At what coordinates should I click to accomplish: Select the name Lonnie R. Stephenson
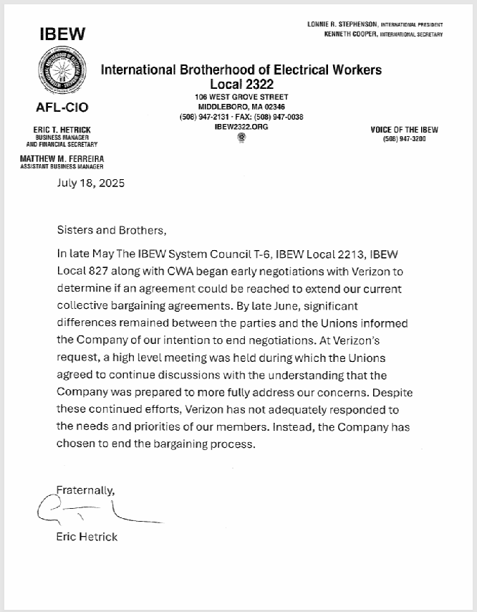pos(342,24)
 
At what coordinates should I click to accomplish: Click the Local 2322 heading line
pos(241,85)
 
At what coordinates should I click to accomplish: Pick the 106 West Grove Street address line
pos(241,97)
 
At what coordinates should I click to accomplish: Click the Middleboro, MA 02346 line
pos(241,107)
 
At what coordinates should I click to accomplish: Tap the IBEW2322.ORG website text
pos(241,125)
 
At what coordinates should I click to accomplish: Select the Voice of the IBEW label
pos(404,130)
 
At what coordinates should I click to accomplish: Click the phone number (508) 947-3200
pos(404,139)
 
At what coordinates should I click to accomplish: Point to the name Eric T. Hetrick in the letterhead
pos(62,129)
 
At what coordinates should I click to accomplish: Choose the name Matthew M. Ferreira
pos(62,157)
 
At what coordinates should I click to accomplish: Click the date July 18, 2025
pos(90,183)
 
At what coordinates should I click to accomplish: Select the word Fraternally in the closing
pos(85,490)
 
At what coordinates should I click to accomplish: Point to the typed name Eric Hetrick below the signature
pos(87,537)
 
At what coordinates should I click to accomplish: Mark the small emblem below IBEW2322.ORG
pos(241,136)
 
